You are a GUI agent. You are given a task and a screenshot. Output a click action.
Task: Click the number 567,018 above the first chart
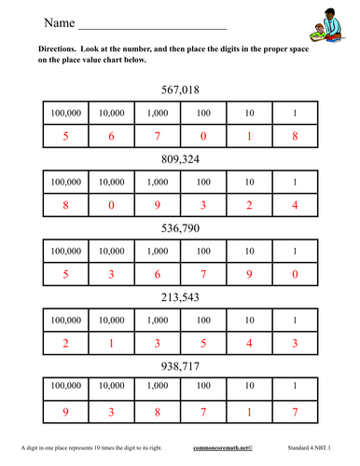point(180,90)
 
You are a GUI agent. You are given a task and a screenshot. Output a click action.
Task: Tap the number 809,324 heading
point(180,159)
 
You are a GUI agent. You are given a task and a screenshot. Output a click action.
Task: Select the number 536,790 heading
point(180,228)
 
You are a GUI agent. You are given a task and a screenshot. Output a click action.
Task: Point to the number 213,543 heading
point(180,297)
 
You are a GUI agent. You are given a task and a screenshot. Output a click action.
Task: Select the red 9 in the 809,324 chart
point(157,206)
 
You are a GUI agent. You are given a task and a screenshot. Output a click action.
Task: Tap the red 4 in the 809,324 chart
point(295,206)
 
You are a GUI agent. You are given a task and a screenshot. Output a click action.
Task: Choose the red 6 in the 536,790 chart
point(157,275)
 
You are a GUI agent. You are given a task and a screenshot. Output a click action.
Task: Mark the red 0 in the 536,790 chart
point(295,275)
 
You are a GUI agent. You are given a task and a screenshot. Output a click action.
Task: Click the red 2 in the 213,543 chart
point(65,343)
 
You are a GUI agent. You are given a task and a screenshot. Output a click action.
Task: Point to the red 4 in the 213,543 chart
point(249,343)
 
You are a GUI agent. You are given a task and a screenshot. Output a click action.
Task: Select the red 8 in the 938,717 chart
point(157,413)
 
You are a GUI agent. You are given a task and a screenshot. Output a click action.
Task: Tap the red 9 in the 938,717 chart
point(65,413)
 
